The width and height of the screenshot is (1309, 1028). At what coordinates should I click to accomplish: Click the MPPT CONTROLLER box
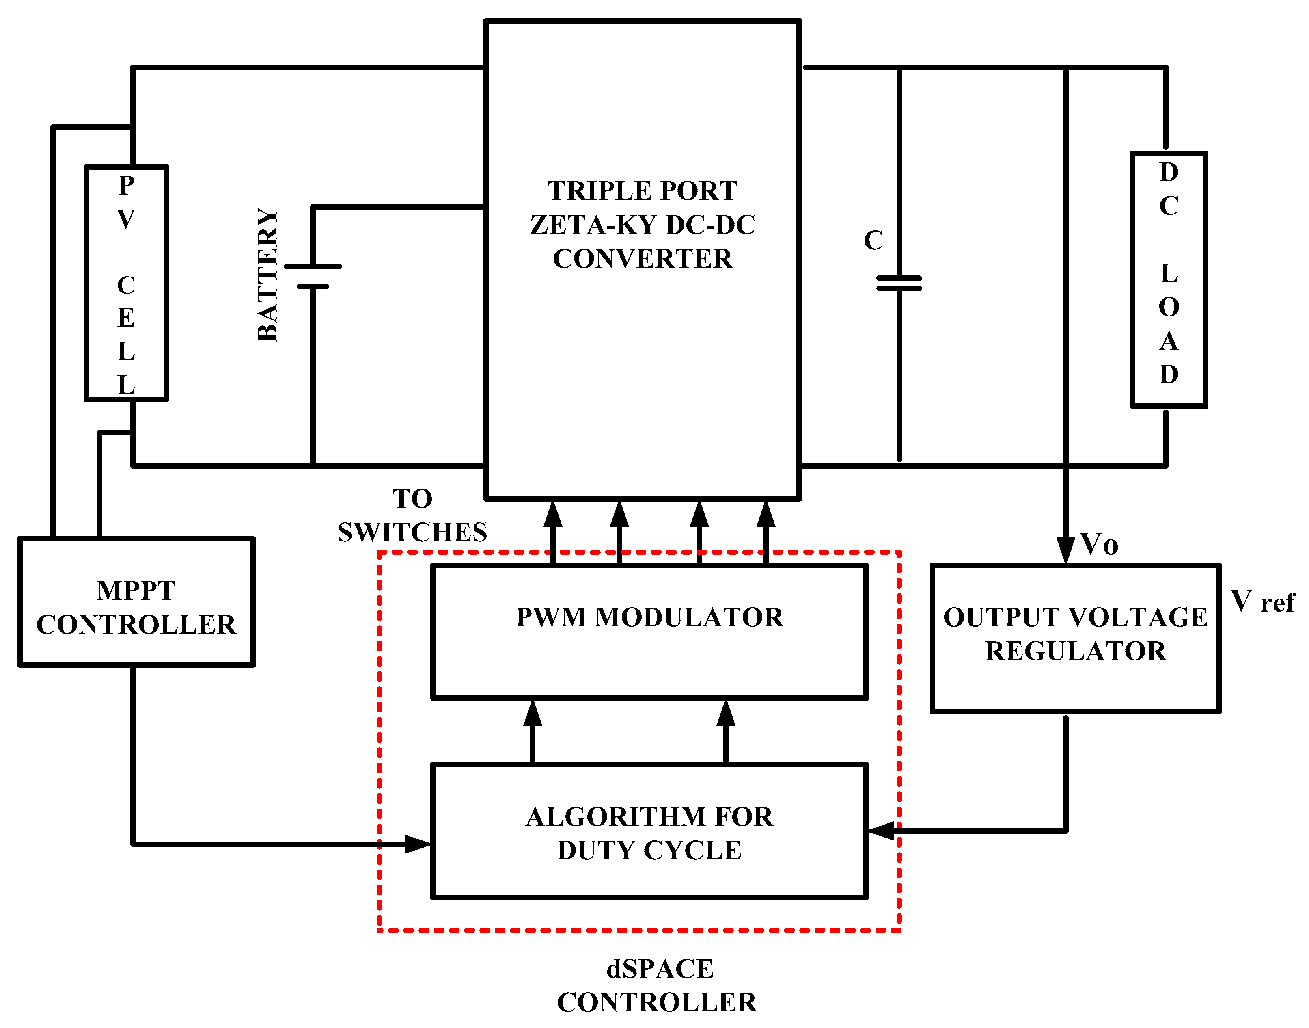tap(136, 602)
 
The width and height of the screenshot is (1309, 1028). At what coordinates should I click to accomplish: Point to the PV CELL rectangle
tap(126, 283)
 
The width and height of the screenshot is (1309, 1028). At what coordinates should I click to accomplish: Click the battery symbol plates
tap(313, 276)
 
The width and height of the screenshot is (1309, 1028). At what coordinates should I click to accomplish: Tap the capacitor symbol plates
tap(899, 283)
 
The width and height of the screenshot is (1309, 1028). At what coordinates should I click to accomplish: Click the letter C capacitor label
tap(873, 241)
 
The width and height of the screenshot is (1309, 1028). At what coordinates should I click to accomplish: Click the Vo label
tap(1098, 544)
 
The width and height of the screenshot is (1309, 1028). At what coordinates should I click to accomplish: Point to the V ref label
tap(1262, 601)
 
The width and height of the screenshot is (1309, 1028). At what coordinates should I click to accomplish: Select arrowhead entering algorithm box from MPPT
tap(418, 844)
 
